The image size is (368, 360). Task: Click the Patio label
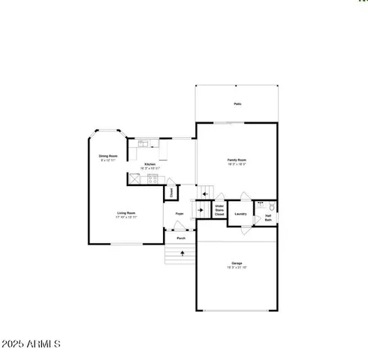(x=237, y=104)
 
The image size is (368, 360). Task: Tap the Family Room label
(x=237, y=160)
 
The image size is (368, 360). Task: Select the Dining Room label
(x=108, y=156)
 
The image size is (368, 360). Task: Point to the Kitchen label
(x=149, y=163)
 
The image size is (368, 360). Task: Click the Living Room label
(x=126, y=213)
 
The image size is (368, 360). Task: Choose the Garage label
(x=237, y=263)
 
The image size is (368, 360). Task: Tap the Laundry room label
(x=240, y=214)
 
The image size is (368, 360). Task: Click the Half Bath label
(x=268, y=218)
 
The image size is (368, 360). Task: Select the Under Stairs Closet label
(x=219, y=210)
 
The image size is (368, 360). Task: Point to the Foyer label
(x=179, y=214)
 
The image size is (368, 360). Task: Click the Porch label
(x=181, y=238)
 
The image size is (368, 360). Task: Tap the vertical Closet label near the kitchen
(x=172, y=192)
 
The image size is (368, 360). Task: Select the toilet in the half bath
(x=273, y=205)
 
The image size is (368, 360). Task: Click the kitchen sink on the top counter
(x=143, y=143)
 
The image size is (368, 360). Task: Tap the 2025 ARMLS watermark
(x=31, y=343)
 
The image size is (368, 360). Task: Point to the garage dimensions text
(x=237, y=268)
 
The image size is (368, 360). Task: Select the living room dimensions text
(x=126, y=217)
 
